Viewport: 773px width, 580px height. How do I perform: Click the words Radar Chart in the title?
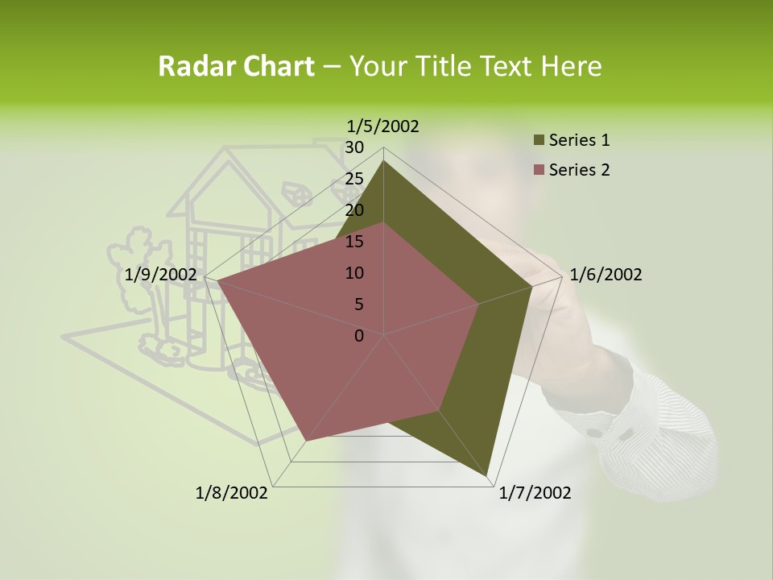pyautogui.click(x=236, y=67)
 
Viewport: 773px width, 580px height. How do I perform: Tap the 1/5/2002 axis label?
pyautogui.click(x=383, y=126)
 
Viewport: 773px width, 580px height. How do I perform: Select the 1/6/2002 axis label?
pyautogui.click(x=606, y=275)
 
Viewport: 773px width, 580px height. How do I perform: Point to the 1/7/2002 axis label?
pyautogui.click(x=535, y=493)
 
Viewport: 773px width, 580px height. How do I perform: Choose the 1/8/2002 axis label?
pyautogui.click(x=232, y=493)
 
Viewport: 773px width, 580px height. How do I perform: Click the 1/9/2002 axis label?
pyautogui.click(x=161, y=275)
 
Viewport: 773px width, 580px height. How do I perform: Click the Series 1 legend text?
pyautogui.click(x=579, y=140)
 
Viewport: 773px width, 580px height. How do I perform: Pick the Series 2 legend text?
pyautogui.click(x=579, y=170)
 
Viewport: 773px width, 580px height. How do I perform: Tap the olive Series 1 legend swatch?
pyautogui.click(x=539, y=141)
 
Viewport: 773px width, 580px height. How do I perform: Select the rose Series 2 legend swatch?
pyautogui.click(x=539, y=171)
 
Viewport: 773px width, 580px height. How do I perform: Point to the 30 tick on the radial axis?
pyautogui.click(x=353, y=147)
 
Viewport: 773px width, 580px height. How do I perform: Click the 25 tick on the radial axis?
pyautogui.click(x=353, y=179)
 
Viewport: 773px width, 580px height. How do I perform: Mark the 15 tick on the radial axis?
pyautogui.click(x=353, y=242)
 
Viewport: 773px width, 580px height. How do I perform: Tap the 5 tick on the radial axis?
pyautogui.click(x=358, y=304)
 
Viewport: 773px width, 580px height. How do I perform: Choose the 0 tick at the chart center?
pyautogui.click(x=359, y=336)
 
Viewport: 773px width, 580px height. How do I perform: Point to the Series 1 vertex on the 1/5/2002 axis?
pyautogui.click(x=384, y=160)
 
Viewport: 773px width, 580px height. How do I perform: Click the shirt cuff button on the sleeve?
pyautogui.click(x=594, y=433)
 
